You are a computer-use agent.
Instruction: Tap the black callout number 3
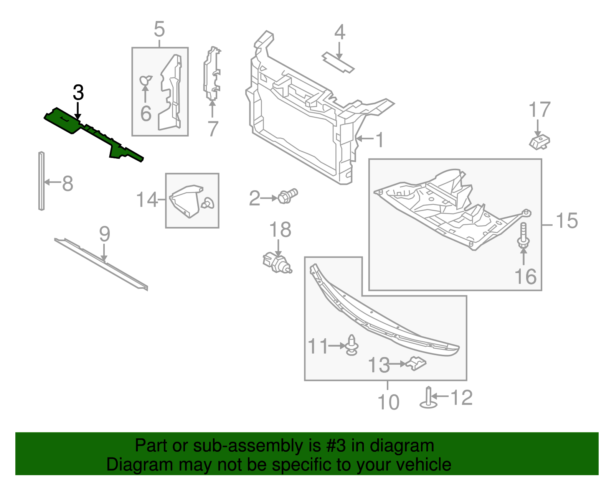[x=78, y=93]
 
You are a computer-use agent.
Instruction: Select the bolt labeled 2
[x=287, y=196]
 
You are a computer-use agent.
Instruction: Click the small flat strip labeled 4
[x=338, y=62]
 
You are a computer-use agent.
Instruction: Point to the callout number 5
[x=159, y=30]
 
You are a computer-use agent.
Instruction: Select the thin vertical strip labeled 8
[x=41, y=181]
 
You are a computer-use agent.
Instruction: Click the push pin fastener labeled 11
[x=352, y=345]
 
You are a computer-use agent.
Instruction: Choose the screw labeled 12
[x=429, y=399]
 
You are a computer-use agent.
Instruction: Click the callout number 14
[x=147, y=200]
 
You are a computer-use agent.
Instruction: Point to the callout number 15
[x=567, y=221]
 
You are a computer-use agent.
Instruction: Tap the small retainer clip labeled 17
[x=540, y=142]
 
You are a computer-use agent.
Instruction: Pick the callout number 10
[x=388, y=402]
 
